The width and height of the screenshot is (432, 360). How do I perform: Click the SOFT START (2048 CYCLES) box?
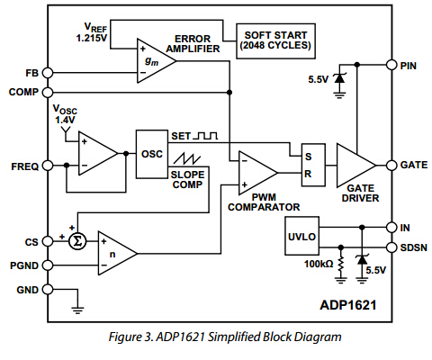pyautogui.click(x=274, y=41)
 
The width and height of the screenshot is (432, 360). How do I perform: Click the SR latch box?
pyautogui.click(x=312, y=164)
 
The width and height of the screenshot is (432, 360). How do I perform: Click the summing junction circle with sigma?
pyautogui.click(x=78, y=241)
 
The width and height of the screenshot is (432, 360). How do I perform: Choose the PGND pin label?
pyautogui.click(x=25, y=265)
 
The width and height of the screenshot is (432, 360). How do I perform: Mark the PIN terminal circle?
pyautogui.click(x=390, y=64)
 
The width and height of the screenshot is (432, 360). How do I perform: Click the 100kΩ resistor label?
pyautogui.click(x=316, y=265)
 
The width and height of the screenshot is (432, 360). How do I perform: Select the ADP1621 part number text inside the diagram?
pyautogui.click(x=347, y=305)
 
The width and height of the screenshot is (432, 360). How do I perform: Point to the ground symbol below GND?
pyautogui.click(x=78, y=310)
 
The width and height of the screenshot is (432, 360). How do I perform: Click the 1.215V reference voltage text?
pyautogui.click(x=90, y=40)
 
